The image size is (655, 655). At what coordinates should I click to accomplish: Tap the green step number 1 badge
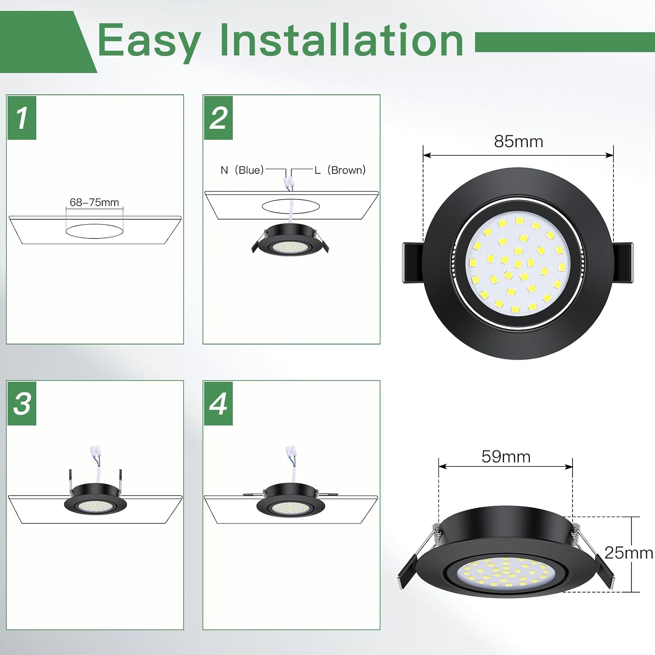[22, 117]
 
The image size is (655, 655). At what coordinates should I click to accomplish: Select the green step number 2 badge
[218, 117]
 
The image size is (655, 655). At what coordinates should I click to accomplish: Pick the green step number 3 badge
[22, 403]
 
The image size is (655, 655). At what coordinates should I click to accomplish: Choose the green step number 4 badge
[218, 403]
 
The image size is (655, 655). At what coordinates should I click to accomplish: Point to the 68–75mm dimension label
[94, 202]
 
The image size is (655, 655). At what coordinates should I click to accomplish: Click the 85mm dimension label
[518, 141]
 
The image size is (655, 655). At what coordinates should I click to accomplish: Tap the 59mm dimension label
[506, 456]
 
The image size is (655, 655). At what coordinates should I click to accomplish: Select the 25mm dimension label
[629, 553]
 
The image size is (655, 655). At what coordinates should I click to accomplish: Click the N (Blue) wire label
[242, 170]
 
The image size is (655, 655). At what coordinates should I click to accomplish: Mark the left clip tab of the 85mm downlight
[412, 263]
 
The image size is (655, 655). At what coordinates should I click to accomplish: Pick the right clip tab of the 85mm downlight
[623, 263]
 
